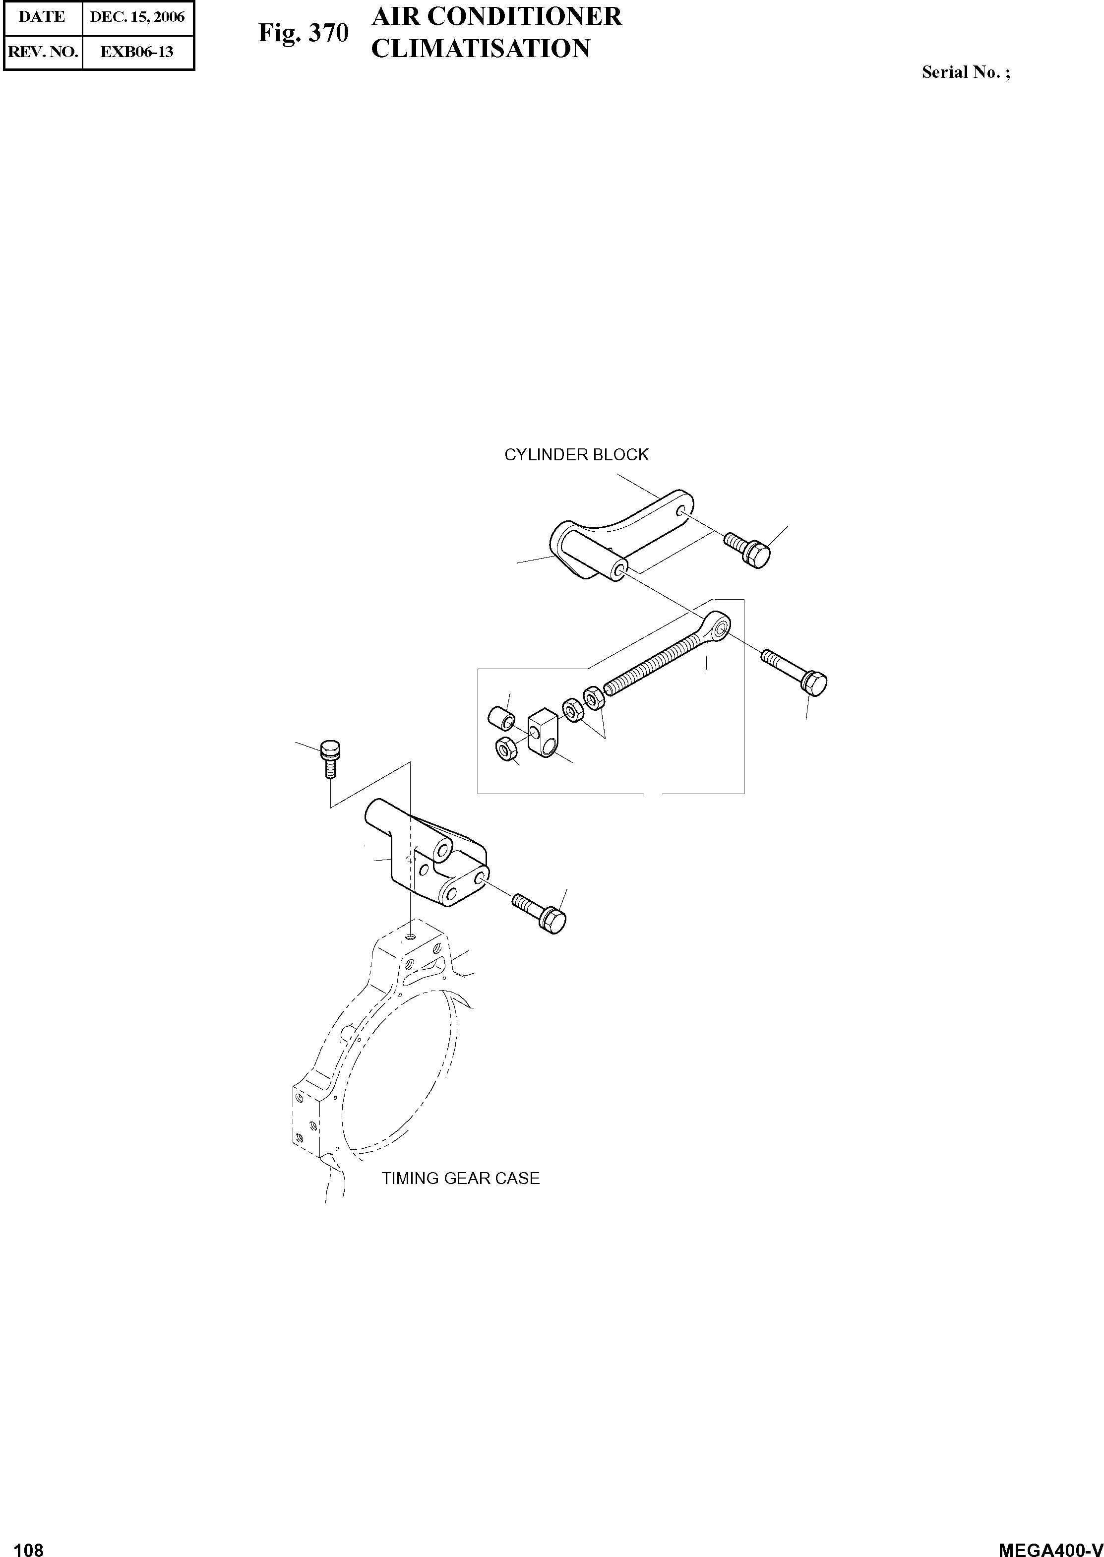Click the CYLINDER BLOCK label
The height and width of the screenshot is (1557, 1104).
(576, 455)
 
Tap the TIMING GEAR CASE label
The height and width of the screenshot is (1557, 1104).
(460, 1178)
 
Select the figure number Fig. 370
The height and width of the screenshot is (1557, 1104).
(303, 33)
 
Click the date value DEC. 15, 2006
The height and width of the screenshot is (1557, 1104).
(137, 17)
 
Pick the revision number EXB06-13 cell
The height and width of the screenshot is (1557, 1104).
(137, 52)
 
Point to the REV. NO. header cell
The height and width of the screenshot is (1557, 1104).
(42, 52)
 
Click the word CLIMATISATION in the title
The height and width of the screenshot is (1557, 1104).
(481, 49)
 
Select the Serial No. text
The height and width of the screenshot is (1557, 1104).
(965, 72)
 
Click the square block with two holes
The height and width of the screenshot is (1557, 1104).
(543, 733)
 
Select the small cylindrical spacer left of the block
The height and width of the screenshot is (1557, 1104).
(502, 717)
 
